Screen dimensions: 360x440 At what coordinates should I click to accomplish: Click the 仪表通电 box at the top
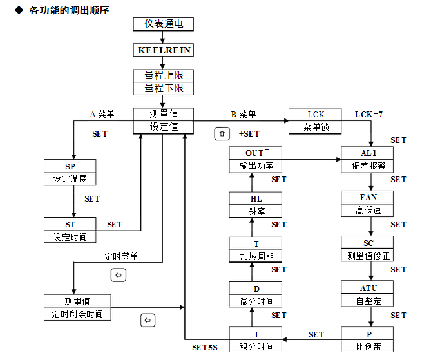164,24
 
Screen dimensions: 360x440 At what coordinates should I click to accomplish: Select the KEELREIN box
164,50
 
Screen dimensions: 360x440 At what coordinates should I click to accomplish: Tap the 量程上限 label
164,75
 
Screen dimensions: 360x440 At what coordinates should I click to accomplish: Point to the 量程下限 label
164,88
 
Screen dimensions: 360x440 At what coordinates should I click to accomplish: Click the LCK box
316,114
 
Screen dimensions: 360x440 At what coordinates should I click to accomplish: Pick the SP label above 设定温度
70,166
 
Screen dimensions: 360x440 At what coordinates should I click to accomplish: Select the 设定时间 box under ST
70,237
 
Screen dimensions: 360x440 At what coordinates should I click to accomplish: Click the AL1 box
368,153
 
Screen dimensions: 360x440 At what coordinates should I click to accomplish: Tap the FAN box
368,198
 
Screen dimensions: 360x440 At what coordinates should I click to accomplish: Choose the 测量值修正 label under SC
368,256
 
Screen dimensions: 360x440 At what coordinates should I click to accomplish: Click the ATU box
368,288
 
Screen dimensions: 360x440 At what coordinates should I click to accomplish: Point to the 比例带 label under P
368,346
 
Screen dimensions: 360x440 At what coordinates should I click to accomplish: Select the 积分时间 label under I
256,346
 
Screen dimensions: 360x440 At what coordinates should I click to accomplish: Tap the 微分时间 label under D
256,301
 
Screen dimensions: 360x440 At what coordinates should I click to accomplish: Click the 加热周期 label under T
256,256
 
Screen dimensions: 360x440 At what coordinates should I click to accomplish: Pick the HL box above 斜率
256,198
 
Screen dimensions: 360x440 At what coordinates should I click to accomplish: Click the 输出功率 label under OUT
256,166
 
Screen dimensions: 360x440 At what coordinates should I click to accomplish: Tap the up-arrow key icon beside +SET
222,134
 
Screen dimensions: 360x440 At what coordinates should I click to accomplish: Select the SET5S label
206,347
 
